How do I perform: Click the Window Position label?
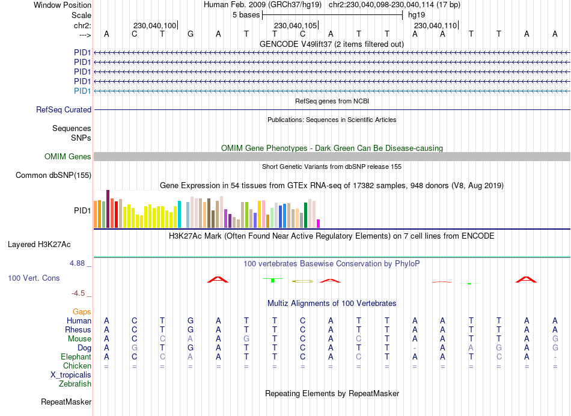point(63,5)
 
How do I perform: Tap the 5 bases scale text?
point(245,14)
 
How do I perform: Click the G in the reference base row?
point(191,34)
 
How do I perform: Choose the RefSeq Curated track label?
point(64,109)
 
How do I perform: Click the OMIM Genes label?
point(68,156)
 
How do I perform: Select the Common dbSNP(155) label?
point(53,175)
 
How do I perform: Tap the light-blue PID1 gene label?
point(82,91)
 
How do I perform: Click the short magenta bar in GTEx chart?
point(319,224)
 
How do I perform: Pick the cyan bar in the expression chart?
point(180,215)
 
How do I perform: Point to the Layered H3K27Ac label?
point(39,244)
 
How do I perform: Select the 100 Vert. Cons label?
point(34,278)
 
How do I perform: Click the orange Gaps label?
point(82,311)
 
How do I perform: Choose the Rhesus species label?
point(78,329)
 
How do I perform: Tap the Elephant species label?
point(76,356)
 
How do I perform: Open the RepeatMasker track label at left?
point(66,402)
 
